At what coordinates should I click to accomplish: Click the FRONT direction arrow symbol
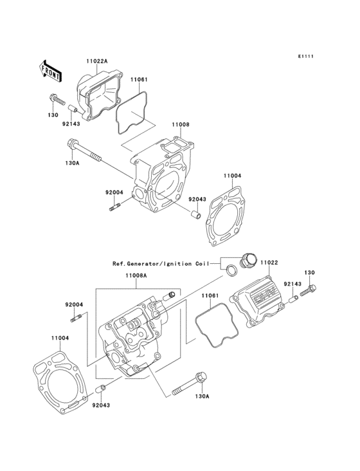(51, 69)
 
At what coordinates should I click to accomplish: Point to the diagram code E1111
(305, 57)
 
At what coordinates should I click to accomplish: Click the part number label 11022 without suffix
(269, 262)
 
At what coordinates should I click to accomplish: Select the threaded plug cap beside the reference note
(247, 261)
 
